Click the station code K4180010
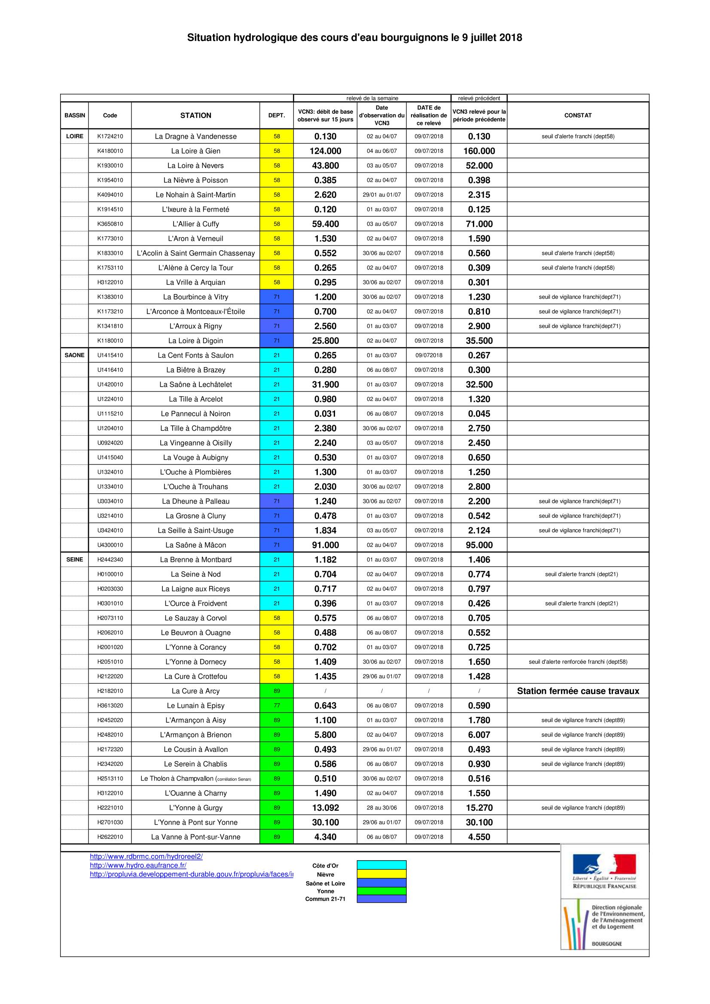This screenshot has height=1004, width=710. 110,151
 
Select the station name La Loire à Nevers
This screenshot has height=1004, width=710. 195,166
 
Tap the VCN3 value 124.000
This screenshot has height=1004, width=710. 325,151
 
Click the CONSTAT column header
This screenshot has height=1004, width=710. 577,115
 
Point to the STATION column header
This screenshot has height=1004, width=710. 195,115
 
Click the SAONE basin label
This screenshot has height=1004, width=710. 74,355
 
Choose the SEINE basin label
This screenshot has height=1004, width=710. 74,559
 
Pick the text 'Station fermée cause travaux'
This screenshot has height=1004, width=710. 577,691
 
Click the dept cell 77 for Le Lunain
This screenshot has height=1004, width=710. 277,705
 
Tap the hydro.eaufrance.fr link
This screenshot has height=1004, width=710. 138,865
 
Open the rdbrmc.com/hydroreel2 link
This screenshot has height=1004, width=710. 146,856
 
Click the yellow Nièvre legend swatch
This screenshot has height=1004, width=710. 381,874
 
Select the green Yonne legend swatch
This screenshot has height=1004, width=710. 381,891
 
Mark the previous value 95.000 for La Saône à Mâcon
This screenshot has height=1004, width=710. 479,545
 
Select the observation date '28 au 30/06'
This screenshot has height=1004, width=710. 381,808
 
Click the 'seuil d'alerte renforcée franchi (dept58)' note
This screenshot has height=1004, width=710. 577,661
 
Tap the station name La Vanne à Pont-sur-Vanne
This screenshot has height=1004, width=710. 195,837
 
